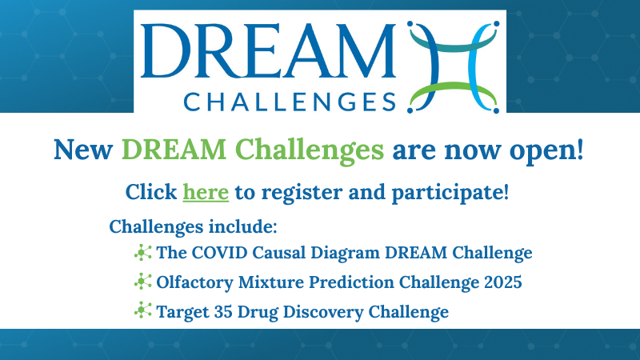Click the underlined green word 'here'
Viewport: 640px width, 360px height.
(x=206, y=192)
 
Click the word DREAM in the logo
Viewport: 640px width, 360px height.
(x=268, y=50)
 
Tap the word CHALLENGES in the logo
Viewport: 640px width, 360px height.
(x=290, y=102)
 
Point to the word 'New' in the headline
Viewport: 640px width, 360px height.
(x=83, y=150)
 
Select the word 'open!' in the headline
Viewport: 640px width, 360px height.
(x=546, y=151)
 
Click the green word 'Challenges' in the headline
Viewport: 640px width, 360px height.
(x=310, y=150)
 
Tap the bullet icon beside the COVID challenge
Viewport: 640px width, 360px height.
(x=143, y=253)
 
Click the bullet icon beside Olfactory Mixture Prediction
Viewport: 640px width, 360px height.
(x=143, y=282)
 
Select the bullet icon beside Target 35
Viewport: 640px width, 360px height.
(x=143, y=310)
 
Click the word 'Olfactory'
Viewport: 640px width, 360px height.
(x=194, y=283)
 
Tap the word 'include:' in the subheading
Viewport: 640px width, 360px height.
(x=243, y=226)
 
